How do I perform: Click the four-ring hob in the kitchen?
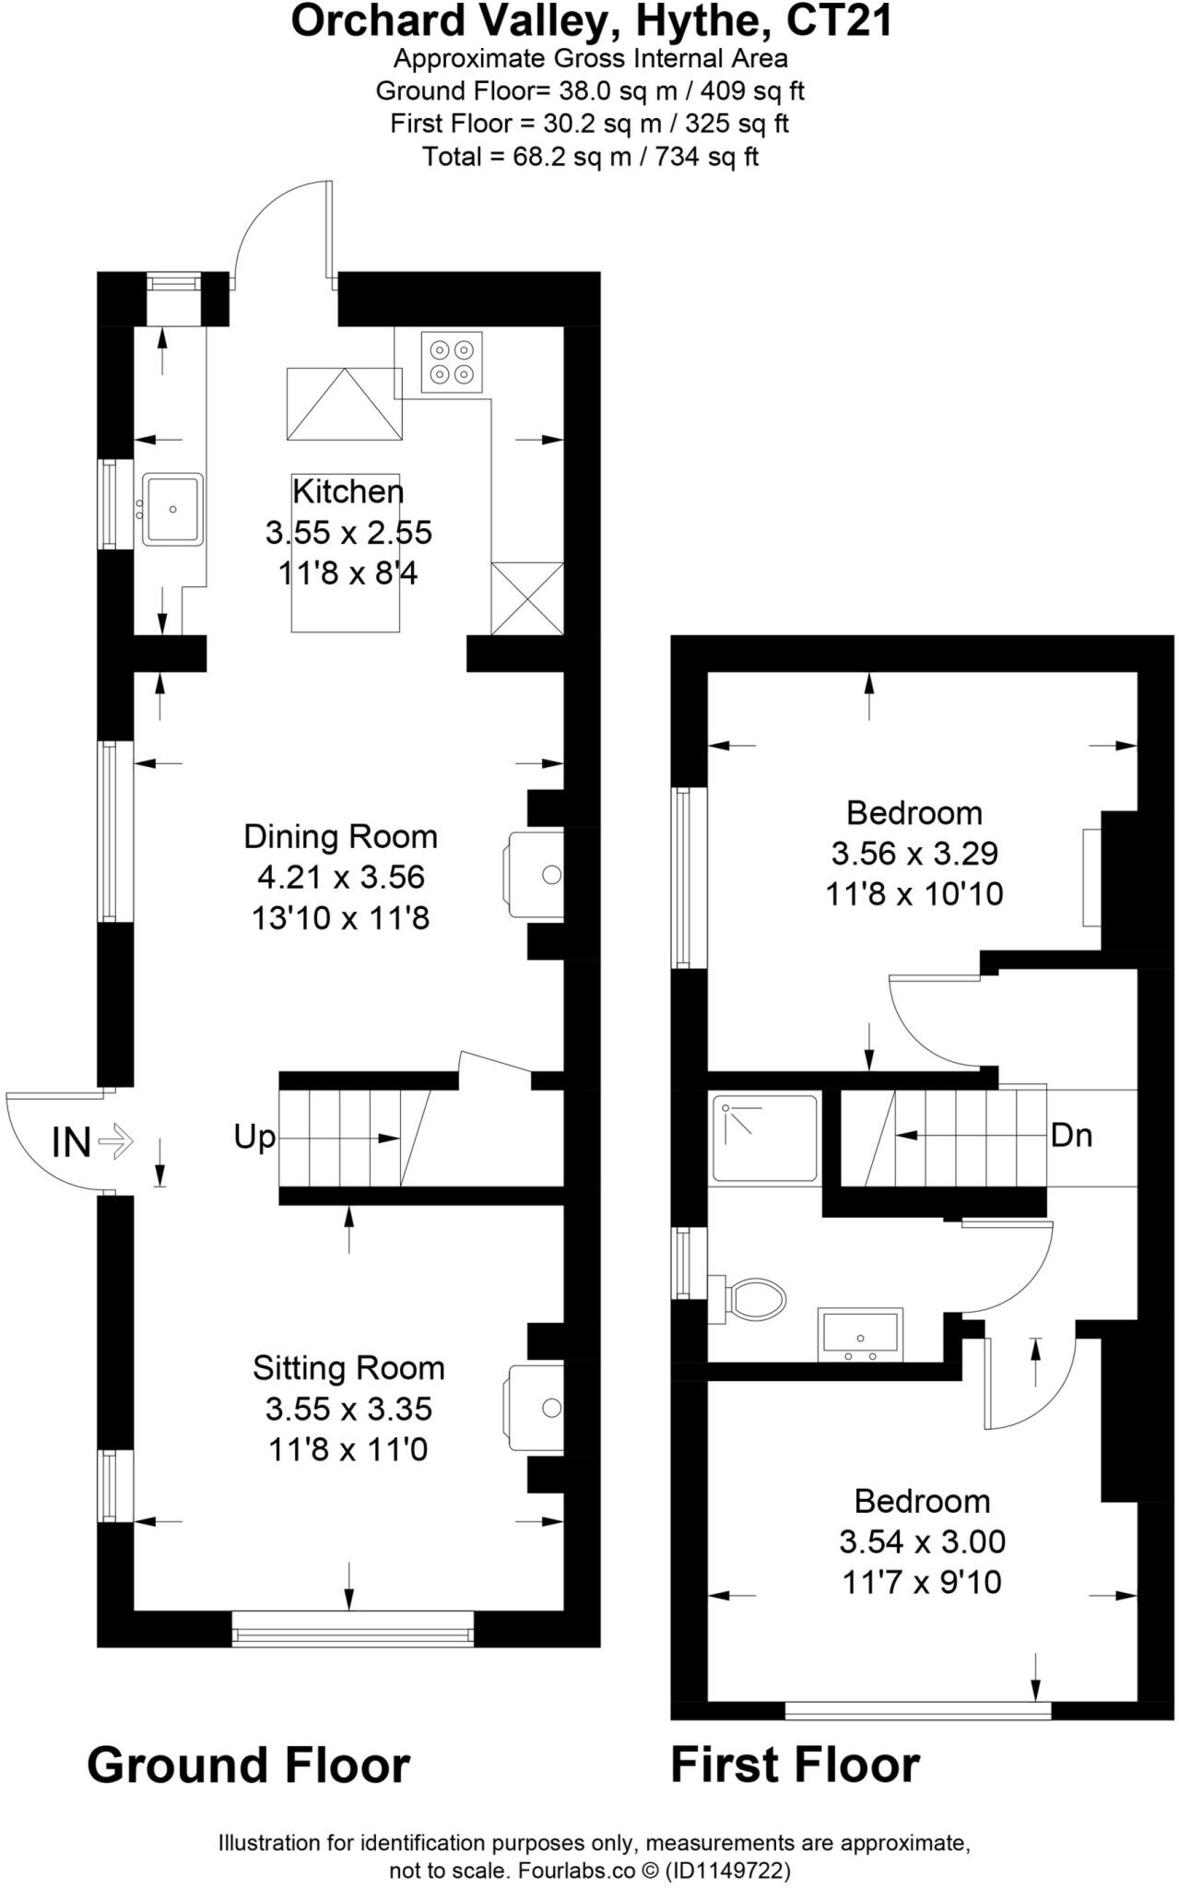pos(453,361)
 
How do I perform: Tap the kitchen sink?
pos(172,508)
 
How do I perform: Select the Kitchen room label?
pos(348,491)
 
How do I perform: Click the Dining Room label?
pos(340,836)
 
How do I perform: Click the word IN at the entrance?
pos(71,1143)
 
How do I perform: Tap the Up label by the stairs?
pos(254,1138)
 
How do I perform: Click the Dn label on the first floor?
pos(1072,1135)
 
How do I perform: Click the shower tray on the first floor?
pos(765,1138)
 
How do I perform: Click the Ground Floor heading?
pos(248,1765)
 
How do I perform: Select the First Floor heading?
pos(795,1765)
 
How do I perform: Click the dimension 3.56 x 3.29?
pos(914,854)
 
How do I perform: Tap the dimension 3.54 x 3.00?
pos(922,1541)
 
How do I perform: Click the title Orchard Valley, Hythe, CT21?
pos(592,20)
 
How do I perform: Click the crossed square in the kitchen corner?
pos(527,598)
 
